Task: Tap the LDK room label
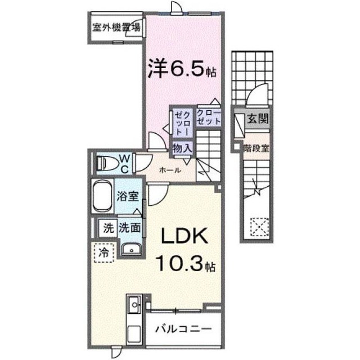click(184, 236)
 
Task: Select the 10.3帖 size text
click(186, 264)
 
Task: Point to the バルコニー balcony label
click(183, 329)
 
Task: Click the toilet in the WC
click(107, 163)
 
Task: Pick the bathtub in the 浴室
click(102, 196)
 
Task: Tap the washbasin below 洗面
click(131, 250)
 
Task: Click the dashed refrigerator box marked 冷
click(103, 253)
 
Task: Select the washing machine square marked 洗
click(108, 228)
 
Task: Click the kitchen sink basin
click(134, 305)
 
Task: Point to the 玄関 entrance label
click(258, 119)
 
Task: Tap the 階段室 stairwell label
click(256, 148)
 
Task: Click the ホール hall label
click(170, 170)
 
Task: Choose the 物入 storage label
click(182, 148)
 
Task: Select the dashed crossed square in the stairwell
click(260, 227)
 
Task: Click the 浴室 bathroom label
click(128, 196)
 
